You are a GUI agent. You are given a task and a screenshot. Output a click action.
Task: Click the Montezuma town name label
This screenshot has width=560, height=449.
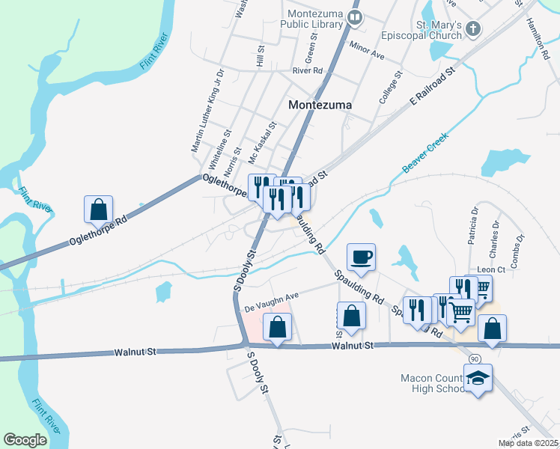(320, 106)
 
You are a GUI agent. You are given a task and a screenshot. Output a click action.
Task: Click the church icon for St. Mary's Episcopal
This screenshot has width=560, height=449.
(472, 29)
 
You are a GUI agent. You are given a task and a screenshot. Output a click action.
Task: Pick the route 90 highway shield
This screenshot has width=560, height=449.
(474, 359)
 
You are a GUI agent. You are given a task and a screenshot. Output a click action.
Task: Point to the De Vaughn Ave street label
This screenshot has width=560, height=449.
(271, 300)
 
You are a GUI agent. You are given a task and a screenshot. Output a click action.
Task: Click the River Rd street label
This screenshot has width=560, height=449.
(307, 70)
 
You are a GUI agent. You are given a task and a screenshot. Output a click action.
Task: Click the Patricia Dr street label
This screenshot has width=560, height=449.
(474, 221)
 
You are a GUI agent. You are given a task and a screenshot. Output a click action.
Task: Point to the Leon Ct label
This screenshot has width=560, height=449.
(491, 269)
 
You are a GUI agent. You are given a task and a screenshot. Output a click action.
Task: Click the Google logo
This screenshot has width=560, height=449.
(25, 440)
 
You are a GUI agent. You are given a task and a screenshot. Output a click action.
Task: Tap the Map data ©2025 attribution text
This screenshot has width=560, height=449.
(528, 443)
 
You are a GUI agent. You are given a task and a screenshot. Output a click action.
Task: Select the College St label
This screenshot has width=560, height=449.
(391, 85)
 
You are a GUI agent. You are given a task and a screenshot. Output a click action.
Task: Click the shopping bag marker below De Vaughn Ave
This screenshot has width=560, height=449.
(277, 327)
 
